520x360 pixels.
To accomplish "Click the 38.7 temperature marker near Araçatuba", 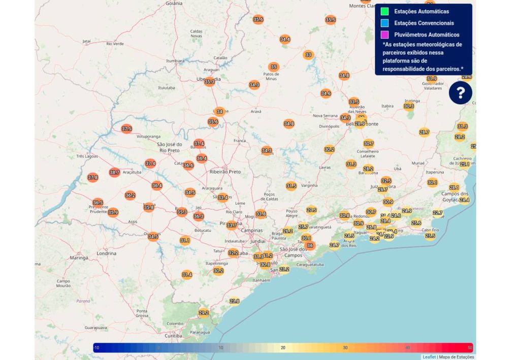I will pyautogui.click(x=114, y=173).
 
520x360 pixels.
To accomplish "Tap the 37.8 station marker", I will pyautogui.click(x=92, y=178).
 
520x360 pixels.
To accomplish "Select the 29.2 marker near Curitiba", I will pyautogui.click(x=204, y=313).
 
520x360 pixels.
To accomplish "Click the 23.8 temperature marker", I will pyautogui.click(x=234, y=301).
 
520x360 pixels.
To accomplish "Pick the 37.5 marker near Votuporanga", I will pyautogui.click(x=126, y=129).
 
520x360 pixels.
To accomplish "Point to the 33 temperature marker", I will pyautogui.click(x=308, y=55).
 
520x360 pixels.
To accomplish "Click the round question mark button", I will pyautogui.click(x=460, y=93).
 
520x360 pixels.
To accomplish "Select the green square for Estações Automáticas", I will pyautogui.click(x=385, y=11).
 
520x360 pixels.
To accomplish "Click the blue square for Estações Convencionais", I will pyautogui.click(x=385, y=23).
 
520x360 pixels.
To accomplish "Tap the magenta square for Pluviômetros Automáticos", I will pyautogui.click(x=385, y=35).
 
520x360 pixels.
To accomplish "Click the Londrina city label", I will pyautogui.click(x=106, y=253).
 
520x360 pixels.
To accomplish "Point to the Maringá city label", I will pyautogui.click(x=79, y=258).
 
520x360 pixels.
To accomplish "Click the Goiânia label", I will pyautogui.click(x=173, y=3).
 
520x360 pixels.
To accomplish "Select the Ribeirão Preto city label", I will pyautogui.click(x=225, y=172).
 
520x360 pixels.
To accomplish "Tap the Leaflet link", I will pyautogui.click(x=429, y=357).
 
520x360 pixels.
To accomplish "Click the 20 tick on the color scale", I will pyautogui.click(x=283, y=348).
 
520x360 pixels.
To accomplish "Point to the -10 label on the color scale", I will pyautogui.click(x=96, y=348).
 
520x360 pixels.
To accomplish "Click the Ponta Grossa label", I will pyautogui.click(x=142, y=313).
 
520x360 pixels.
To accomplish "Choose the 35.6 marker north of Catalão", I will pyautogui.click(x=258, y=19).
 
